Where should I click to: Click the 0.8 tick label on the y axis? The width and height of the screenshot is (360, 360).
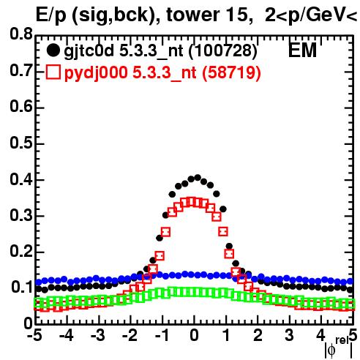(21, 34)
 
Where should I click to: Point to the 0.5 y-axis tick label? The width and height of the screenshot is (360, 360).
(21, 143)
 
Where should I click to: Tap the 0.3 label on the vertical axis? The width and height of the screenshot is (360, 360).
(21, 215)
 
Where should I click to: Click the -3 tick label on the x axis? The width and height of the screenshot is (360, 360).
(97, 335)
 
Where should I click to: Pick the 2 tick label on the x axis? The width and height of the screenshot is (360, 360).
(258, 335)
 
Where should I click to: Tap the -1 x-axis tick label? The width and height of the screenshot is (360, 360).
(162, 335)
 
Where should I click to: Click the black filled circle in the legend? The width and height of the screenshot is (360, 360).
(53, 50)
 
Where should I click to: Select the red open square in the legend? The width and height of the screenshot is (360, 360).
(53, 72)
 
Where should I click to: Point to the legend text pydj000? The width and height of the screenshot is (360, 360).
(96, 73)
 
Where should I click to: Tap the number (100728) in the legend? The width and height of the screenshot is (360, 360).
(223, 51)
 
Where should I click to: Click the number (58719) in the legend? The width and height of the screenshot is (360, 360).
(231, 72)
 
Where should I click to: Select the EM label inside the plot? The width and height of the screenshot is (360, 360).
(302, 50)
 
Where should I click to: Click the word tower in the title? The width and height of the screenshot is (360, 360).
(190, 15)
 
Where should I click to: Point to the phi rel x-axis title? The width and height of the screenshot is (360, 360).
(339, 348)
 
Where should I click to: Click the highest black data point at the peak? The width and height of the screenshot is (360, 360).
(198, 177)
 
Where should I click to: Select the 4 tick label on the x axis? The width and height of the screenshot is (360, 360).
(320, 335)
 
